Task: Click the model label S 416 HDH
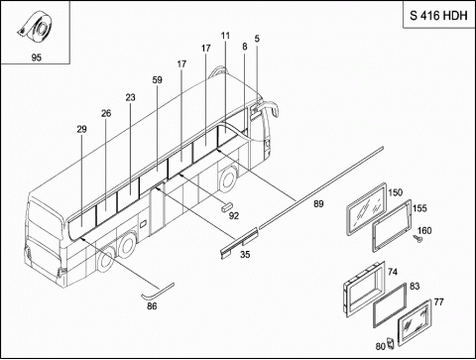[438, 16]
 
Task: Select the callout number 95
[37, 58]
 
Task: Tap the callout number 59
[158, 80]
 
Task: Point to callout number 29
[81, 129]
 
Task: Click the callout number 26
[106, 113]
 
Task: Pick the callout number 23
[131, 97]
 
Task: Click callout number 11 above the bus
[225, 36]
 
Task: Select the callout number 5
[257, 39]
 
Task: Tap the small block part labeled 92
[226, 207]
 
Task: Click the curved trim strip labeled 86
[158, 291]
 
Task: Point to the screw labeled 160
[417, 239]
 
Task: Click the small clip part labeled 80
[391, 343]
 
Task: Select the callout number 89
[318, 204]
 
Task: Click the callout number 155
[419, 208]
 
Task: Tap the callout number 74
[393, 272]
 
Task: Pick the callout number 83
[415, 286]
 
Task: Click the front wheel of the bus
[227, 180]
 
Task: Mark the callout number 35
[245, 255]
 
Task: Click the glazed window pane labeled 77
[415, 322]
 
